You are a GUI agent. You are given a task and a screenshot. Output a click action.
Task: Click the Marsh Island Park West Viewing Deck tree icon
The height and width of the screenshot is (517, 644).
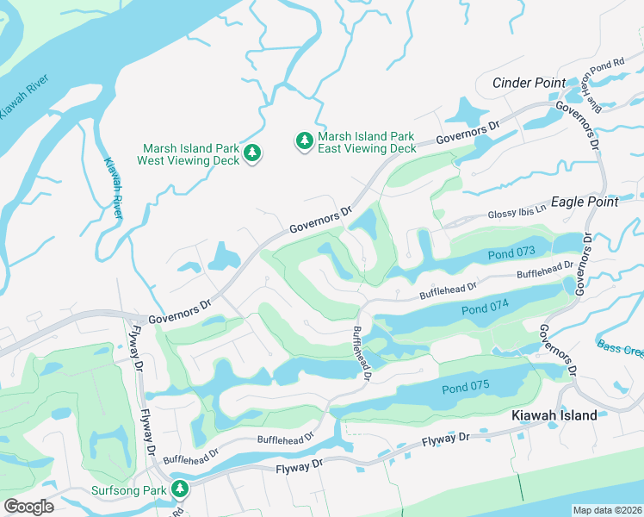(252, 153)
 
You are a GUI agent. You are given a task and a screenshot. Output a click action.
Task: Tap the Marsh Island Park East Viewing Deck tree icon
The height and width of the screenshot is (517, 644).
(303, 140)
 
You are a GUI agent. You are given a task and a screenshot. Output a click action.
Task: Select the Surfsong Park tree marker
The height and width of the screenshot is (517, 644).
(180, 490)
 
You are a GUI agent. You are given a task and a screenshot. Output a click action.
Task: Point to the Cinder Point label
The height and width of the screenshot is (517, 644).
(529, 83)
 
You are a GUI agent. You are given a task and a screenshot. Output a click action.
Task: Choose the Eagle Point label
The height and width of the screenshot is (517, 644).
(584, 202)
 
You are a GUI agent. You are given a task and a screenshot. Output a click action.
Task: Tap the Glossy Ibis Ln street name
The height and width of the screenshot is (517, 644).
(517, 212)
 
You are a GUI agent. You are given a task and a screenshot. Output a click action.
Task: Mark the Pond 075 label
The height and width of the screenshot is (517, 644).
(465, 389)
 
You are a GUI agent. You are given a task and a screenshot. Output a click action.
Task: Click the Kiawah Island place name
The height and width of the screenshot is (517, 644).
(554, 415)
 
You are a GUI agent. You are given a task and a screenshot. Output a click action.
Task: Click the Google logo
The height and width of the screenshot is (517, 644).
(28, 506)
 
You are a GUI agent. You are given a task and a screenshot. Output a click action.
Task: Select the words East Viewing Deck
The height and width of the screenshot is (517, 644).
(367, 148)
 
